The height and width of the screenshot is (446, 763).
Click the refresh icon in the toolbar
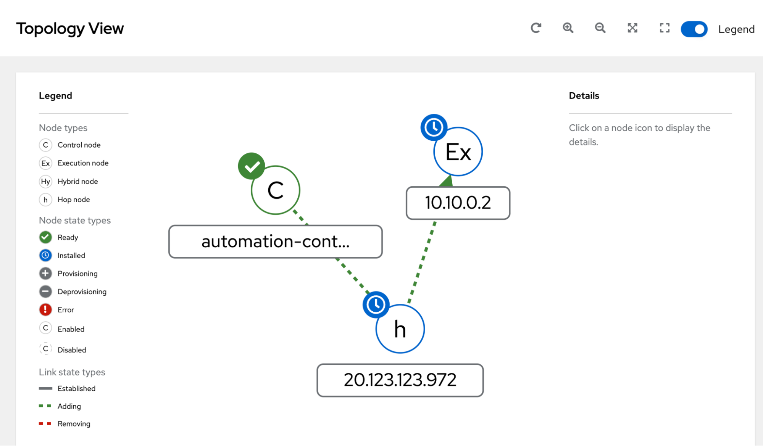tap(536, 28)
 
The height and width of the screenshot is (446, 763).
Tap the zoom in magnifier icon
tap(568, 28)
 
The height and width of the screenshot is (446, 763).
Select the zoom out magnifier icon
tap(600, 28)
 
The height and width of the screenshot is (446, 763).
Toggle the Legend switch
tap(694, 29)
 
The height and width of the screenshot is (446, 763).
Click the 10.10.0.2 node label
tap(458, 203)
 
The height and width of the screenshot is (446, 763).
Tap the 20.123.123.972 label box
tap(400, 380)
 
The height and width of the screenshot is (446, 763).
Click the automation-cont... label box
tap(276, 242)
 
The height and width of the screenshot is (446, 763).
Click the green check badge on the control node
tap(252, 166)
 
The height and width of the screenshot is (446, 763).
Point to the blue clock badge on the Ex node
tap(434, 127)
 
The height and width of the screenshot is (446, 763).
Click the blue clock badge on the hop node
tap(376, 304)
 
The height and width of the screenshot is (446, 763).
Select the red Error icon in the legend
tap(45, 309)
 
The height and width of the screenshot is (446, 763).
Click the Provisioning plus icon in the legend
tap(45, 273)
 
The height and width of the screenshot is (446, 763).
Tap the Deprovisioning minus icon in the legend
tap(45, 291)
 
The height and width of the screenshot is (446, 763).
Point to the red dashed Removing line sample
tap(45, 423)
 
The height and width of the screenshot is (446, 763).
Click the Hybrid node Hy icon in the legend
tap(45, 181)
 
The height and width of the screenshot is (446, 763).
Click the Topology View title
tap(70, 29)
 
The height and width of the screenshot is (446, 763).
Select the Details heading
tap(584, 96)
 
